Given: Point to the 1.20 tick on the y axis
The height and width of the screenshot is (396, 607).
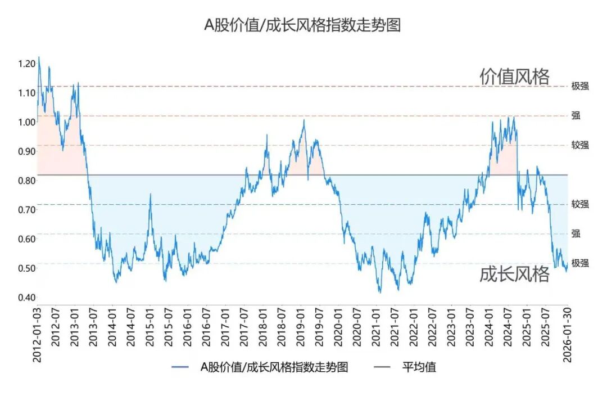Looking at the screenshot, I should [26, 64].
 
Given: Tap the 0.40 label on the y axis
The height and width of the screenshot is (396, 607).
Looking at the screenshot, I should [26, 298].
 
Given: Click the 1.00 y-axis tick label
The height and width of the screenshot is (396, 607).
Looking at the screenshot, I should [26, 122].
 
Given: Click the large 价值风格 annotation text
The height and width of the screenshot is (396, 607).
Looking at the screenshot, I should [514, 76].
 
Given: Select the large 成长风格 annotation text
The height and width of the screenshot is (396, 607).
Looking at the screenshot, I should [514, 274].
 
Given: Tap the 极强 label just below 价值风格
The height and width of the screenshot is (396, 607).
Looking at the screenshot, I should [580, 87].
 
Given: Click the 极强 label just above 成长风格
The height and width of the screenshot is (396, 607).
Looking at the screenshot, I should [580, 263].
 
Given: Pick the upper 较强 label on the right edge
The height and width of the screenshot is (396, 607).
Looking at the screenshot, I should [580, 145].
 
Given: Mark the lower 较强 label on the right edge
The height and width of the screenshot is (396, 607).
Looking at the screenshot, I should [580, 204].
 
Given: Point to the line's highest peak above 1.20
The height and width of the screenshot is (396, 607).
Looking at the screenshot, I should [38, 57].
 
